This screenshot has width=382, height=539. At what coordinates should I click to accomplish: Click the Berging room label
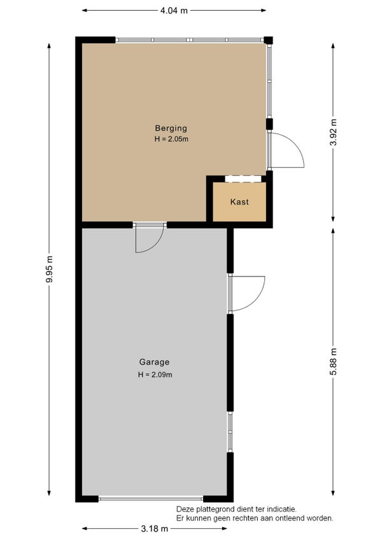171,128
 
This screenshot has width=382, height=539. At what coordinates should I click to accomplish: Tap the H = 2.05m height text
171,139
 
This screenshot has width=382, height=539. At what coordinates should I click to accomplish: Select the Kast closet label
239,201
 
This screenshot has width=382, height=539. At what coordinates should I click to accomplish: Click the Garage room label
154,362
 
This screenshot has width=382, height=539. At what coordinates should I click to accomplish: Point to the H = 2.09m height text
155,374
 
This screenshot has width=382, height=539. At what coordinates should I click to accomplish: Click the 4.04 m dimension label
174,11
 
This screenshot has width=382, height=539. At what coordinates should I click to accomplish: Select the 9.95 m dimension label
50,269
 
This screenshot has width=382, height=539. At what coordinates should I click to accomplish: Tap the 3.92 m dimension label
333,132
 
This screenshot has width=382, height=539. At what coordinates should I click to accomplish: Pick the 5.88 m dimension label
333,362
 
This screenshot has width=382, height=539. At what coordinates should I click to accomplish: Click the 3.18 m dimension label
154,529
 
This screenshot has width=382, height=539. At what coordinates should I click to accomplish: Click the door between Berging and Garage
150,238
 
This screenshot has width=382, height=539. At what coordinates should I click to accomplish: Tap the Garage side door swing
246,293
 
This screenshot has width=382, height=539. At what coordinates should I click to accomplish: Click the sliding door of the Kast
243,179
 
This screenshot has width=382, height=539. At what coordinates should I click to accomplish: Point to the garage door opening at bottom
151,498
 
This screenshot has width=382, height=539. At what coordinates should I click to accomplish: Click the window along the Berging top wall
189,40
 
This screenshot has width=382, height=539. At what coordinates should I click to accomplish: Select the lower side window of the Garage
230,432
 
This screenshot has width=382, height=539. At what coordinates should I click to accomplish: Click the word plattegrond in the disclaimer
215,509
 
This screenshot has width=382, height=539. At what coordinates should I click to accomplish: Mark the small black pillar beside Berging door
269,124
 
